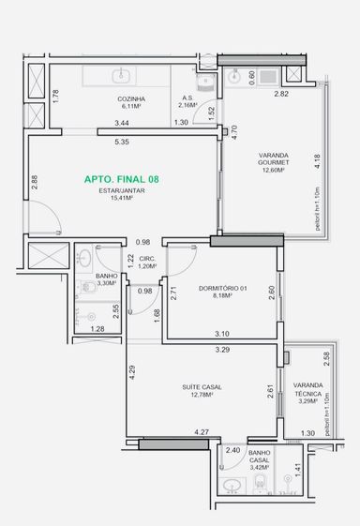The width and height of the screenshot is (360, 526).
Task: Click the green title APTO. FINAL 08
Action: click(x=122, y=179)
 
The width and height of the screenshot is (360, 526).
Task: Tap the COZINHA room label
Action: click(x=131, y=99)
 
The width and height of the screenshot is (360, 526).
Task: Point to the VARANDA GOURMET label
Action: click(x=274, y=158)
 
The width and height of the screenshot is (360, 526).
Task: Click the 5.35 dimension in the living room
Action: click(x=122, y=142)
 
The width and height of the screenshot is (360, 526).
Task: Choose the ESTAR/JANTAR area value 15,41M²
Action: click(x=122, y=198)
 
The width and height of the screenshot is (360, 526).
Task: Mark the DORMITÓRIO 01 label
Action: click(x=223, y=288)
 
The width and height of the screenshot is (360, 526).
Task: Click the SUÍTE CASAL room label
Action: click(x=202, y=387)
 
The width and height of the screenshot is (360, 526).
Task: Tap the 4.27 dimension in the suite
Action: click(x=202, y=432)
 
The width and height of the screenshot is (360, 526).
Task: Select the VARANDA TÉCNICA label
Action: click(x=308, y=389)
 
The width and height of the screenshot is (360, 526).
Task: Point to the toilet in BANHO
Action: click(x=88, y=287)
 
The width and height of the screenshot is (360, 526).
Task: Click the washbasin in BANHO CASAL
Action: click(x=232, y=485)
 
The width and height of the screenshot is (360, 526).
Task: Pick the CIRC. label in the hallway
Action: click(x=147, y=259)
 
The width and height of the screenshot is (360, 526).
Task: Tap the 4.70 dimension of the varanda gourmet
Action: click(x=234, y=132)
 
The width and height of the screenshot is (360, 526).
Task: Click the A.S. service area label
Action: click(x=187, y=98)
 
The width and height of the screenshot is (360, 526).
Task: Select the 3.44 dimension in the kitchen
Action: click(x=122, y=123)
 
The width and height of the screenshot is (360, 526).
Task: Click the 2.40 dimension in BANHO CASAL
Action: click(x=232, y=450)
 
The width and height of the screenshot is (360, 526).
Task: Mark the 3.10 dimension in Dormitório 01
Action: click(x=222, y=334)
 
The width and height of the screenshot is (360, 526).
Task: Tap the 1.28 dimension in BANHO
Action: click(x=97, y=329)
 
